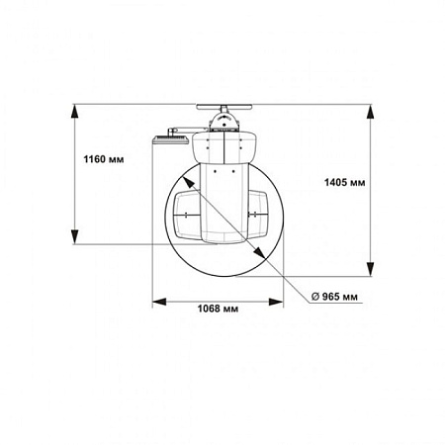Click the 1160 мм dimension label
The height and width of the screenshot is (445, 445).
[104, 159]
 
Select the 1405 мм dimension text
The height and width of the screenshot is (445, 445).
[345, 182]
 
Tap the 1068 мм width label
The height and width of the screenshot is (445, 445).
[218, 309]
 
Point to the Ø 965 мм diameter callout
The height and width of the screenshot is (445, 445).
[334, 297]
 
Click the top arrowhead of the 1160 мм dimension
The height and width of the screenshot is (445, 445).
[75, 112]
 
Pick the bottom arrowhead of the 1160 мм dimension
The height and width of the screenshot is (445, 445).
[75, 237]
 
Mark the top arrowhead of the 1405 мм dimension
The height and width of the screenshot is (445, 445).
[371, 112]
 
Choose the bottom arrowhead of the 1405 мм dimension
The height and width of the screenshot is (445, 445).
[371, 269]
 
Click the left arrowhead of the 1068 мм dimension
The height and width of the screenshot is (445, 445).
[159, 302]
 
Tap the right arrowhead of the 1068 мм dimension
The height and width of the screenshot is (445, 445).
[276, 302]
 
